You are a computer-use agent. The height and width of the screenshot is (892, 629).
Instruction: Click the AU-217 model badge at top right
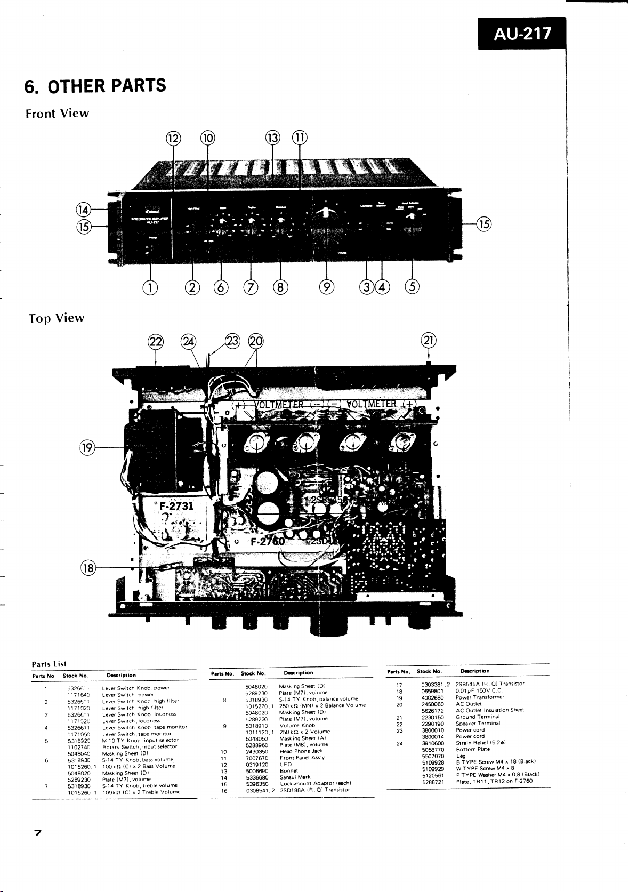tap(522, 34)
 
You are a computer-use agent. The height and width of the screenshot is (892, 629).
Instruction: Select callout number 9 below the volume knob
tap(327, 287)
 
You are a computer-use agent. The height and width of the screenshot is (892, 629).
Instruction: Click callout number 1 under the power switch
tap(151, 287)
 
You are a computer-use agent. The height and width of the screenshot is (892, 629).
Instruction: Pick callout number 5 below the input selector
tap(412, 287)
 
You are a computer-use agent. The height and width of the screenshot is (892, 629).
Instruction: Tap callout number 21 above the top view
tap(429, 340)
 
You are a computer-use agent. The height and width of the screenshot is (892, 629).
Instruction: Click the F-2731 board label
tap(176, 505)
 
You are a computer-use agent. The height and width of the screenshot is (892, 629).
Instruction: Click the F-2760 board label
tap(269, 543)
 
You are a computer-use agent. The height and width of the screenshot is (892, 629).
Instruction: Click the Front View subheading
tap(57, 114)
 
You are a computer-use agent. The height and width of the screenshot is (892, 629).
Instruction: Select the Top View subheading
tap(57, 318)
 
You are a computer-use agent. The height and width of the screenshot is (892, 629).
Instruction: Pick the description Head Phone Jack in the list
tap(301, 751)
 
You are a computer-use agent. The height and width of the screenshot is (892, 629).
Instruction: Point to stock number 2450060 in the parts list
tap(432, 704)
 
